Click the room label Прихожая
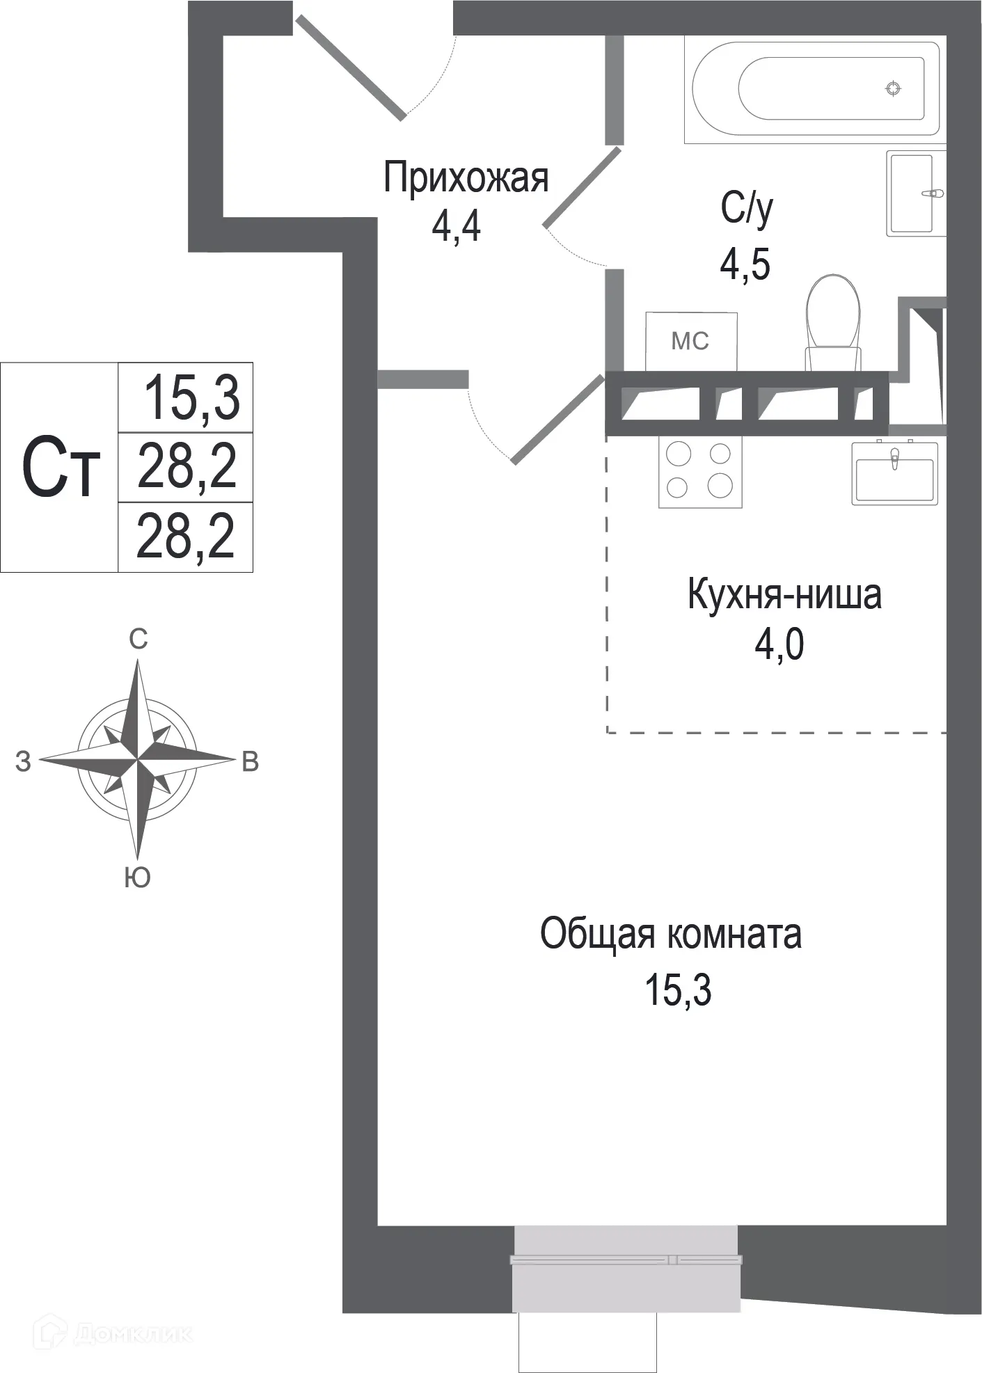466,178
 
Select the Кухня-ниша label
784,595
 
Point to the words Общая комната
670,935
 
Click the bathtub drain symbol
893,88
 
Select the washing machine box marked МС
690,341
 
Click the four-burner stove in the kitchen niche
700,471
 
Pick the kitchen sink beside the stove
894,473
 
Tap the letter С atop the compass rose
138,639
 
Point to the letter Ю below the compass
138,878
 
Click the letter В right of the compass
250,762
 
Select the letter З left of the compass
23,762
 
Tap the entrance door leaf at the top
350,67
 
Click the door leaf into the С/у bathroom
582,188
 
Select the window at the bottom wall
626,1260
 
